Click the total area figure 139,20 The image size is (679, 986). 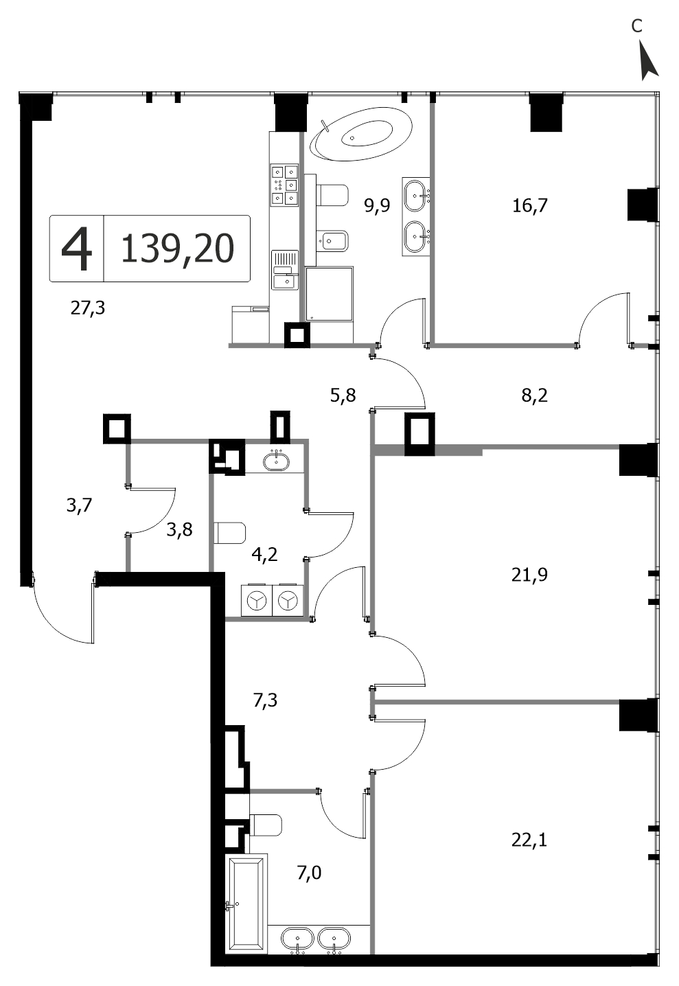point(177,249)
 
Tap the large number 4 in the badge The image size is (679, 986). point(77,249)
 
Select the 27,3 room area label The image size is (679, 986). point(88,308)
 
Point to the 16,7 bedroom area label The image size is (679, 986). point(530,205)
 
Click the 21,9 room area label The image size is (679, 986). point(529,575)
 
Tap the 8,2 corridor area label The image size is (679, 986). point(534,395)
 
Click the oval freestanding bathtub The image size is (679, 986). point(361,135)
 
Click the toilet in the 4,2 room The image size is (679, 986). point(230,533)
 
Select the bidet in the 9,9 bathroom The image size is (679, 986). point(333,240)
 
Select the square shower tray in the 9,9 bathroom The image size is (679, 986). point(330,294)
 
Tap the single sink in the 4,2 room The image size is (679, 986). point(276,461)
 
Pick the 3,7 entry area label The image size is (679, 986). point(79,505)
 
